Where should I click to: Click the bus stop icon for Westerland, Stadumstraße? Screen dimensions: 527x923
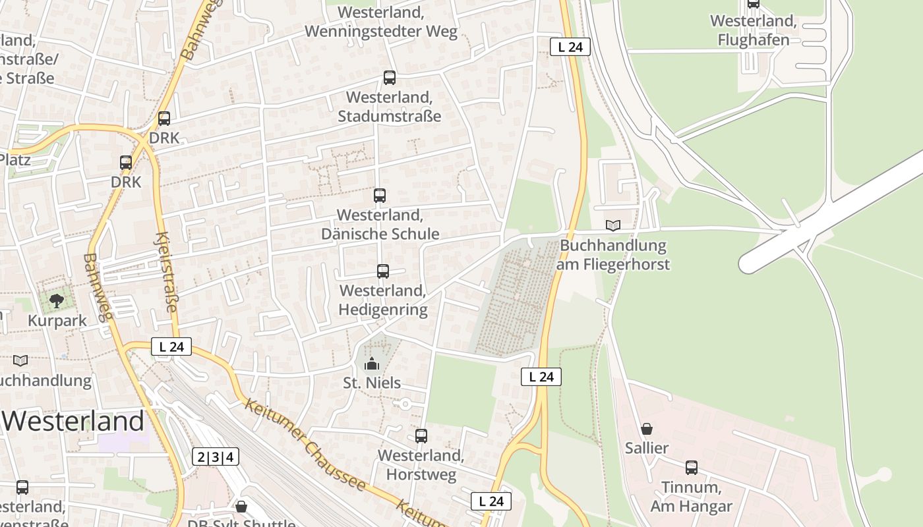(x=390, y=78)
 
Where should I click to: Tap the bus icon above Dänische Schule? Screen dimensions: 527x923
(x=380, y=196)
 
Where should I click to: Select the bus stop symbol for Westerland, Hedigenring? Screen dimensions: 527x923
(x=383, y=271)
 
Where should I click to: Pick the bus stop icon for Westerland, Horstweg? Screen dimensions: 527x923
(x=421, y=436)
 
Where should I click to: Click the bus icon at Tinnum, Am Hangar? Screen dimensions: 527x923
(x=692, y=468)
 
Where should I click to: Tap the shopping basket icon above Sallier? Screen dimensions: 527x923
(x=647, y=429)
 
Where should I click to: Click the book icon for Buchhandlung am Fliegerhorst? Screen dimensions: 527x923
(x=613, y=226)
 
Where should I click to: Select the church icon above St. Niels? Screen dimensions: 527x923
(x=372, y=364)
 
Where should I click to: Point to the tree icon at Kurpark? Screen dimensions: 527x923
(x=57, y=301)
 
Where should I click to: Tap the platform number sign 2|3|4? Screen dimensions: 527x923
(x=216, y=457)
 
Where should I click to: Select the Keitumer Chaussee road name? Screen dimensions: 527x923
(x=305, y=445)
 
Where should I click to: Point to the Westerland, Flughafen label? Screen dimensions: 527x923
(x=753, y=30)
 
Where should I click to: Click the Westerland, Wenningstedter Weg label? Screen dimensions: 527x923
(x=380, y=22)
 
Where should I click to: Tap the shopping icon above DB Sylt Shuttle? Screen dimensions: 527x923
(x=241, y=507)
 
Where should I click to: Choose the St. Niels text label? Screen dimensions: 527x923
(x=372, y=383)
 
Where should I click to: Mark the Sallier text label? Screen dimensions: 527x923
(x=647, y=448)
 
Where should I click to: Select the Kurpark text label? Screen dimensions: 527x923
(x=57, y=320)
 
